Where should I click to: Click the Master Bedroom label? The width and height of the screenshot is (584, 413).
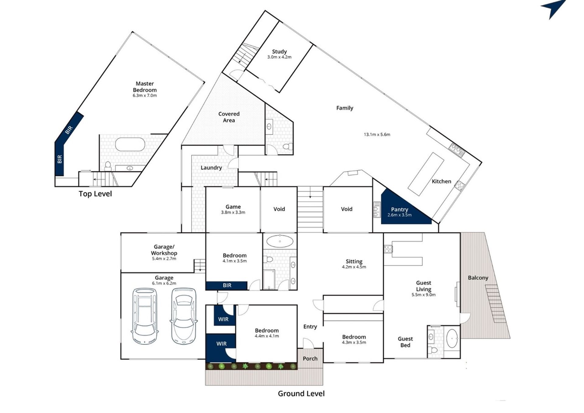tap(145, 87)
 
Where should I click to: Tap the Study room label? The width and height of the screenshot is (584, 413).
tap(279, 52)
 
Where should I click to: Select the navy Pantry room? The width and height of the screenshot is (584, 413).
tap(401, 210)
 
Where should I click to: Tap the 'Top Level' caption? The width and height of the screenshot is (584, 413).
tap(95, 194)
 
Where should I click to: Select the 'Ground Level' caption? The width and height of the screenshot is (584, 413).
tap(301, 394)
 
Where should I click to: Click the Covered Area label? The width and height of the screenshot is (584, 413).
tap(229, 117)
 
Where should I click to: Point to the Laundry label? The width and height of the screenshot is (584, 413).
tap(211, 168)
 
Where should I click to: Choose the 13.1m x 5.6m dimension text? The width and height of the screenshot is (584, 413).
tap(377, 134)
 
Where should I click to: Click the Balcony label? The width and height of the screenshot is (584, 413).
tap(478, 278)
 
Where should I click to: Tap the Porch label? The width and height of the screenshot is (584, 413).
tap(310, 359)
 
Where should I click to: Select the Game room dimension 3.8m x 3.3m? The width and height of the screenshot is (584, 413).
tap(233, 212)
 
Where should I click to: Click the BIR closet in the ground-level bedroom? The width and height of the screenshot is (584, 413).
tap(227, 286)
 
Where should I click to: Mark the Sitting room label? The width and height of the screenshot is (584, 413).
tap(354, 262)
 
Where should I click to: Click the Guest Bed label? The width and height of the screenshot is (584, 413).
tap(405, 342)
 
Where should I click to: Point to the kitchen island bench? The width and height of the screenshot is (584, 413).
tap(426, 174)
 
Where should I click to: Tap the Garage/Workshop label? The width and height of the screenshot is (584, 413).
tap(164, 250)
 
